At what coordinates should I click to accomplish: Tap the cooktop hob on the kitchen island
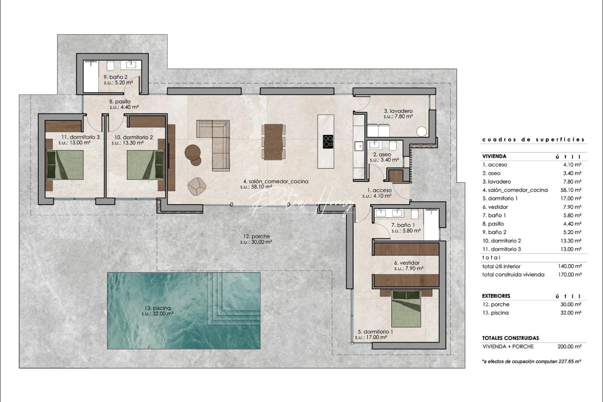(328, 141)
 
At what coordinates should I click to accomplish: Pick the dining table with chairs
(274, 142)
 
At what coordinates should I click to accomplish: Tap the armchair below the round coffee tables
(197, 186)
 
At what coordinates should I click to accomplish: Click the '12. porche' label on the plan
(256, 236)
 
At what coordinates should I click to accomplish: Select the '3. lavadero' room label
(398, 111)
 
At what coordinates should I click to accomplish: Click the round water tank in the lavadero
(421, 131)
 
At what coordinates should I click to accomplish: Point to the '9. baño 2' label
(115, 77)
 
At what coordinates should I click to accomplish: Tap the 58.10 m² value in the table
(571, 190)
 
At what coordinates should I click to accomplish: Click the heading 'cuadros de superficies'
(533, 140)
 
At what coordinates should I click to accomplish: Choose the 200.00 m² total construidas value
(569, 346)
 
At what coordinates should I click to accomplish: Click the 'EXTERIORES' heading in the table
(496, 296)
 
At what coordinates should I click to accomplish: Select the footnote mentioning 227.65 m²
(532, 361)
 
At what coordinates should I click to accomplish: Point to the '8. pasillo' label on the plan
(120, 101)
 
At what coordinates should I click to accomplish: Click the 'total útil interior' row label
(501, 266)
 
